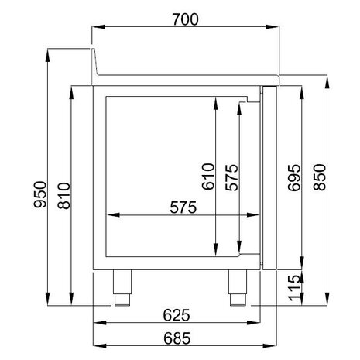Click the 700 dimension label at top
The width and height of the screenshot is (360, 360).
pyautogui.click(x=186, y=19)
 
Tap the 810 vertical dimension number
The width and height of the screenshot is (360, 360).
pyautogui.click(x=64, y=194)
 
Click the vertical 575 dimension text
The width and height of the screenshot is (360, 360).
pyautogui.click(x=230, y=178)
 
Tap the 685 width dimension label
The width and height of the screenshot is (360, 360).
pyautogui.click(x=186, y=337)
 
